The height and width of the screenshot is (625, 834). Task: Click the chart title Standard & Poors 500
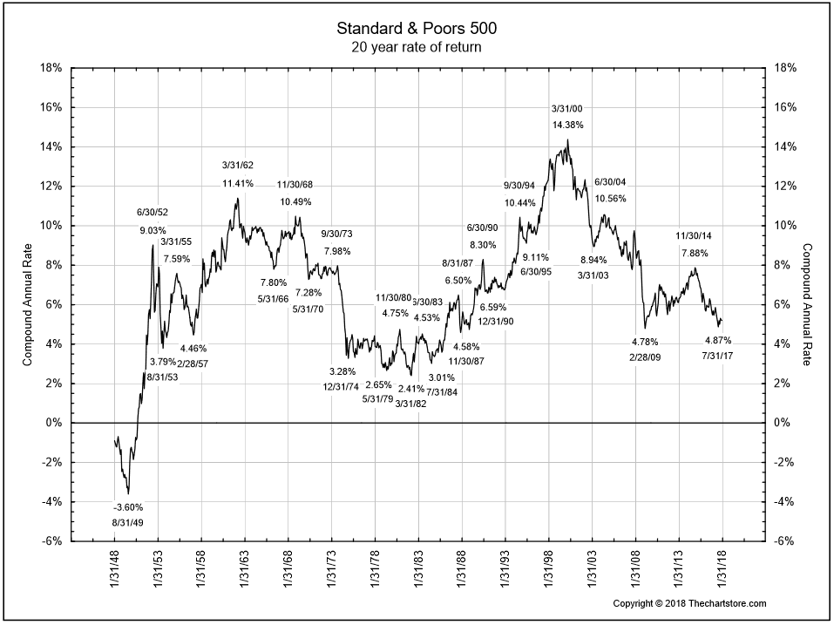coord(416,29)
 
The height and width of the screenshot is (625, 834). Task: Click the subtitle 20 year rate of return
coord(416,46)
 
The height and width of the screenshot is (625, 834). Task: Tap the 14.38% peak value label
coord(567,126)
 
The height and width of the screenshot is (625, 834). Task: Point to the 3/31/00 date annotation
coord(567,108)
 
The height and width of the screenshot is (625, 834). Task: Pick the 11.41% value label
coord(237,183)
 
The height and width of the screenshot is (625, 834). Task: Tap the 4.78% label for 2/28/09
coord(644,342)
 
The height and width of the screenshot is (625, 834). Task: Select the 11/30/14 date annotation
coord(694,236)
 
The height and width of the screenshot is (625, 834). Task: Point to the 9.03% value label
coord(153,231)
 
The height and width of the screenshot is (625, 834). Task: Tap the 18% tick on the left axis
coord(51,68)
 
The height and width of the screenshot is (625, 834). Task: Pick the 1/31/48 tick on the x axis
coord(115,571)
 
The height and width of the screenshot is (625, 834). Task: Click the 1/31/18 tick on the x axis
coord(722,571)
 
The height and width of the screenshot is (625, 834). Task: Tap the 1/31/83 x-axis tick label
coord(418,571)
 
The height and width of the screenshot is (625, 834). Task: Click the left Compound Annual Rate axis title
coord(28,304)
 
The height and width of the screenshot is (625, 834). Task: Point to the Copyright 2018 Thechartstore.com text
coord(690,603)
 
